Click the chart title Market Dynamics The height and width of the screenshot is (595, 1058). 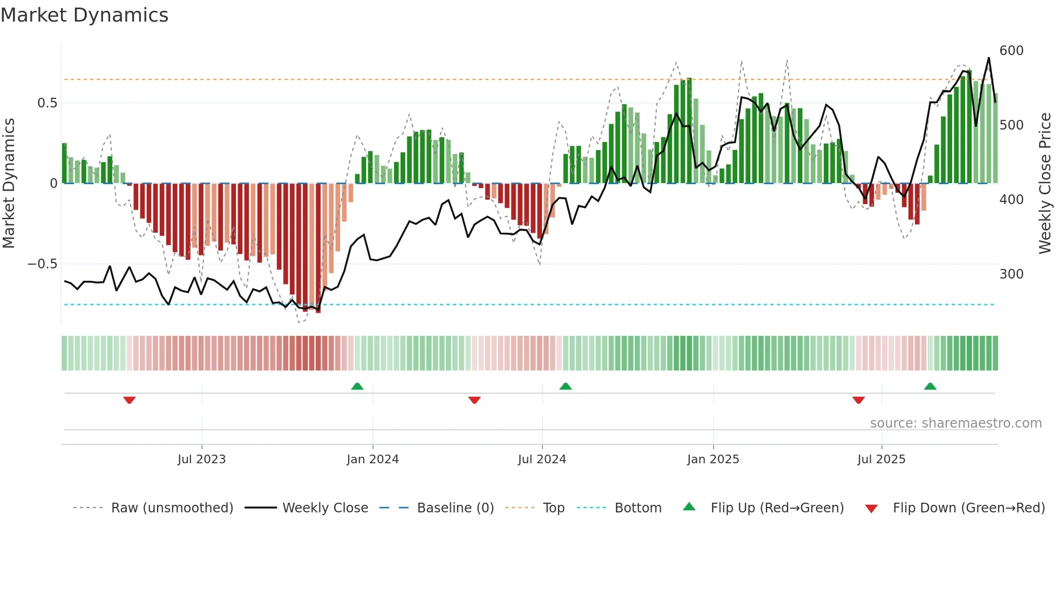[84, 15]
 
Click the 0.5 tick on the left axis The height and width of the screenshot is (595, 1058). [47, 103]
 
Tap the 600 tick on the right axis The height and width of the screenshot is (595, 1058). [1011, 51]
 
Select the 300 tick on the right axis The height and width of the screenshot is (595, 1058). [1011, 274]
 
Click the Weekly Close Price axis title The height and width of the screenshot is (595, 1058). [1045, 184]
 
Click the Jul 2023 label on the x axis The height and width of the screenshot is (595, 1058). [201, 459]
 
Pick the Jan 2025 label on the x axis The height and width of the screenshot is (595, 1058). [713, 459]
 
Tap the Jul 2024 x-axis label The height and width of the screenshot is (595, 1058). [541, 459]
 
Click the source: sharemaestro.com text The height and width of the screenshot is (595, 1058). [955, 423]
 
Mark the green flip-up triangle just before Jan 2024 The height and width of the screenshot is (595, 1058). [357, 387]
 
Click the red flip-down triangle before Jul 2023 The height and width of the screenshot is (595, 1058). [129, 400]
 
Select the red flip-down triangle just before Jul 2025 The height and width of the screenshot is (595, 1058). [858, 400]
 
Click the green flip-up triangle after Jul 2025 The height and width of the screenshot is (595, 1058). [930, 387]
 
